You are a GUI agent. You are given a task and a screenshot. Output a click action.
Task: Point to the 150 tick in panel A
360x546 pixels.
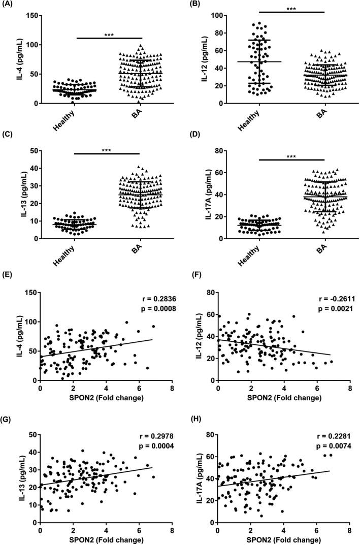[31, 16]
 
